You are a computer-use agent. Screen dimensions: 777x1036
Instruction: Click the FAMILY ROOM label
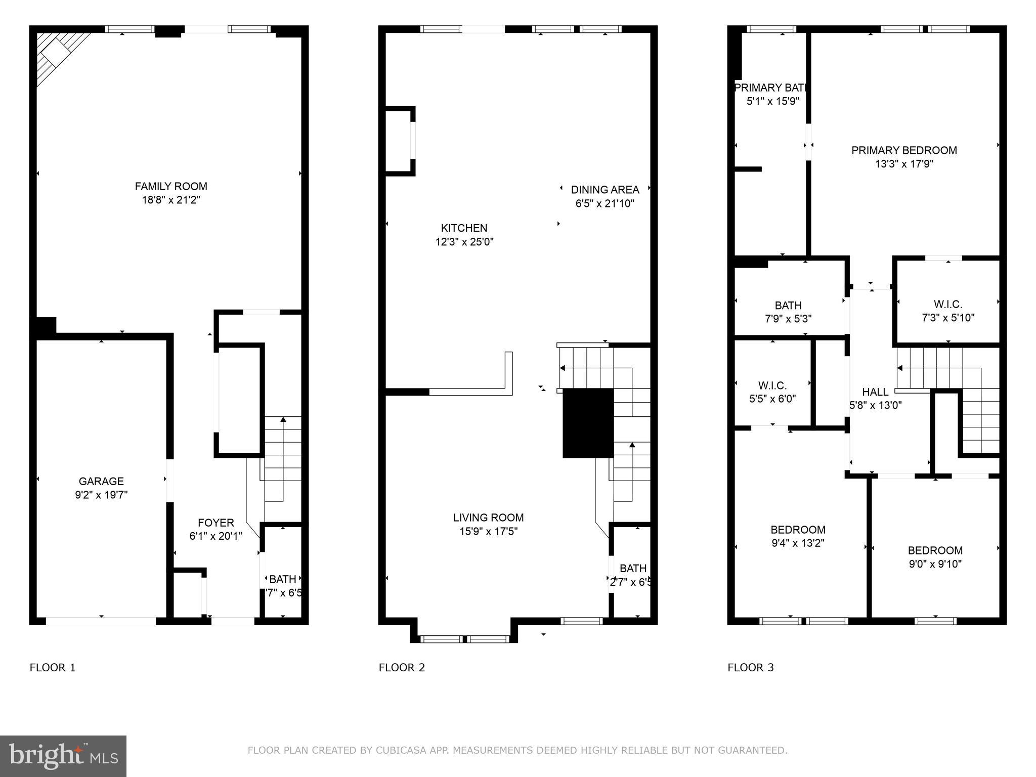171,187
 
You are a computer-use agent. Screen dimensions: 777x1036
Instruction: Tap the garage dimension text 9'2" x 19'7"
101,495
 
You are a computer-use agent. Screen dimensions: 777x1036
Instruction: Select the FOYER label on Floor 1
215,523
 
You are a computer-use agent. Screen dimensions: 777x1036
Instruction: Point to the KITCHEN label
464,228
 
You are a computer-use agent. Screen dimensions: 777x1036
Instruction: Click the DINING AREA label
605,190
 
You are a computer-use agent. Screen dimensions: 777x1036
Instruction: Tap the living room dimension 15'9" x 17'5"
488,531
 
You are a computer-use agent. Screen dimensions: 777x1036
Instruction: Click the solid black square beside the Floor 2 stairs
588,423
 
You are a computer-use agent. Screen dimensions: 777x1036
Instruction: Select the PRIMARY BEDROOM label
904,150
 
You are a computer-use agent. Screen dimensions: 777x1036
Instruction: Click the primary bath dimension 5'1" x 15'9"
772,101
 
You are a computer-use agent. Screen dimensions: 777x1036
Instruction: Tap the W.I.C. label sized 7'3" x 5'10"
947,305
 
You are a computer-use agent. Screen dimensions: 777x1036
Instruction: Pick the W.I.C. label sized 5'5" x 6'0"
772,385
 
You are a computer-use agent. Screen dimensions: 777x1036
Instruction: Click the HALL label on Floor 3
875,392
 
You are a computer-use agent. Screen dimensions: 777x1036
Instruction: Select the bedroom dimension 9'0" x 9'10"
935,564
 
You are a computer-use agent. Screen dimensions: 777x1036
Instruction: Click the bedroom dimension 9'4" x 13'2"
798,543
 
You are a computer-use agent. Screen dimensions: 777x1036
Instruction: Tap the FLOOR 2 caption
402,668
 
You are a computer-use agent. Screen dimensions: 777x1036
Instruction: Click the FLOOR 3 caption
751,668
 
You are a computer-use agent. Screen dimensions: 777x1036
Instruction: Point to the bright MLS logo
63,756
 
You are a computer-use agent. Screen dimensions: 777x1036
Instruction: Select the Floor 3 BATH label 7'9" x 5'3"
788,306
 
